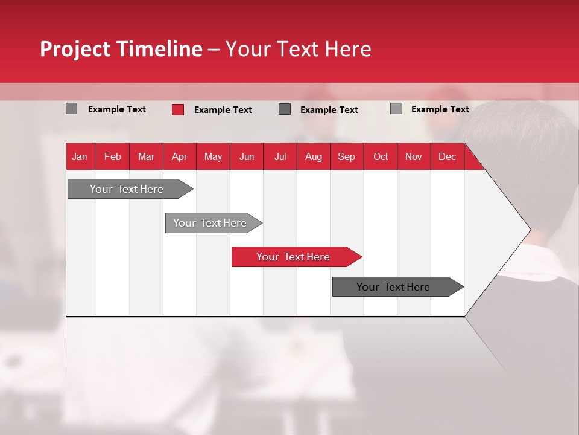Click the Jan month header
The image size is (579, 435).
tap(80, 156)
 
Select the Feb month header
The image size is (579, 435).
tap(113, 156)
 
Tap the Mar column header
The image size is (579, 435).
tap(146, 156)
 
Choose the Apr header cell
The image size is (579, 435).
tap(179, 156)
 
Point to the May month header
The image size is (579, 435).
tap(213, 156)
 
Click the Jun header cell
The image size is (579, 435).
tap(247, 156)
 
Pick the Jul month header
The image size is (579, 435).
tap(280, 156)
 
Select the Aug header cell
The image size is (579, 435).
tap(313, 156)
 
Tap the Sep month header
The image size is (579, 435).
tap(346, 156)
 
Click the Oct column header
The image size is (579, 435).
tap(381, 156)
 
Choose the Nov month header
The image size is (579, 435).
tap(414, 156)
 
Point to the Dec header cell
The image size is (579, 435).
tap(447, 156)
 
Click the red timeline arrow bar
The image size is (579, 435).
tap(296, 257)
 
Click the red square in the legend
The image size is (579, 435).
tap(178, 109)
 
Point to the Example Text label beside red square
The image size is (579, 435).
tap(223, 110)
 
